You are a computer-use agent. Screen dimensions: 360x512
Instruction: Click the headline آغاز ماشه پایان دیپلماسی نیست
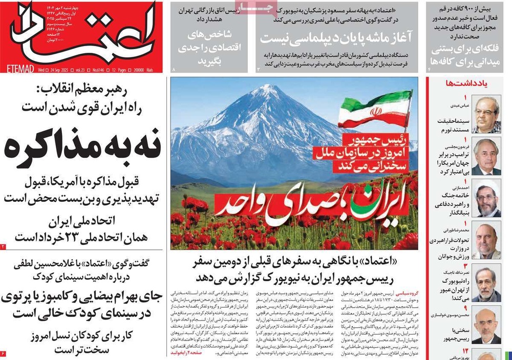click(328, 37)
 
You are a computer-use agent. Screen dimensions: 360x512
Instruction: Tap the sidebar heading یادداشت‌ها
click(465, 83)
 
